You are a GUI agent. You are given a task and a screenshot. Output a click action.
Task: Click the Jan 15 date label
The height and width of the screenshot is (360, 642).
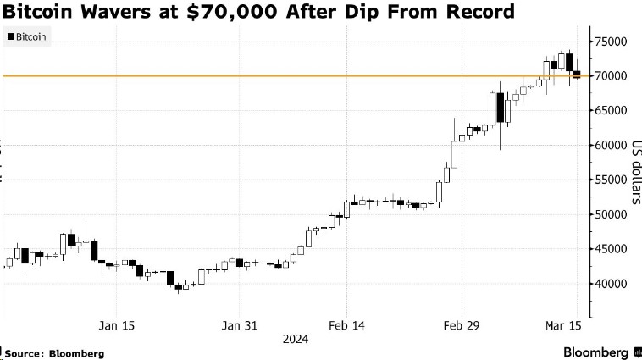(x=117, y=325)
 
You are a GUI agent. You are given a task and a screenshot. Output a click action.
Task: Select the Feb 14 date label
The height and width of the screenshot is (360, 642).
(x=346, y=325)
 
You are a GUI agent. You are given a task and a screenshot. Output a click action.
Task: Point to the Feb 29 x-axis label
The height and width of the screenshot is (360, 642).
(x=462, y=325)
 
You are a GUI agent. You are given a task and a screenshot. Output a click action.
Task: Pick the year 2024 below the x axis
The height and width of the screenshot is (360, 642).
(x=296, y=340)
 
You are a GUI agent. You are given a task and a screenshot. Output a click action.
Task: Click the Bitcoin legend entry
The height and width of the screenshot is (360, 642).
(x=27, y=37)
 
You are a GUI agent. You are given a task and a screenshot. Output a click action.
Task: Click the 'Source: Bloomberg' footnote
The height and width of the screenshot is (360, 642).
(x=53, y=352)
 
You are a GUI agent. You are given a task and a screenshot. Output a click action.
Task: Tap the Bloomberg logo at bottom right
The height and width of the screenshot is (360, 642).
(x=584, y=351)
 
